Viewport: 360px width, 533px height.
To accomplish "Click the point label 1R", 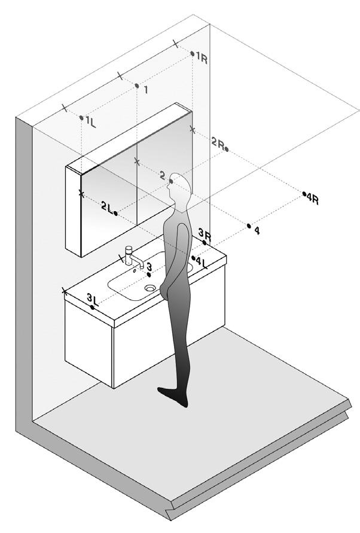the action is pyautogui.click(x=201, y=60).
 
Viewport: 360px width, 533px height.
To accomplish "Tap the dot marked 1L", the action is pyautogui.click(x=81, y=118).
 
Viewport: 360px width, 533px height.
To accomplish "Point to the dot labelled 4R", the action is pyautogui.click(x=304, y=194).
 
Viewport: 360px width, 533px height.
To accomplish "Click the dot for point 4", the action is pyautogui.click(x=249, y=226).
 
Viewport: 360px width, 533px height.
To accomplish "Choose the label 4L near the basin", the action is pyautogui.click(x=201, y=261).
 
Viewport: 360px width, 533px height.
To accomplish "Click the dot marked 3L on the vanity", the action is pyautogui.click(x=92, y=307).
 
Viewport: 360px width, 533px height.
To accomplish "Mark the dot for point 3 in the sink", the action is pyautogui.click(x=148, y=274).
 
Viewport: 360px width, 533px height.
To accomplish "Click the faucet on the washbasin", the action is pyautogui.click(x=131, y=255).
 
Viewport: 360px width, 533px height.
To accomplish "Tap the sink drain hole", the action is pyautogui.click(x=150, y=288).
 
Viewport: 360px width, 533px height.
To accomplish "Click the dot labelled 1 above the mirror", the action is pyautogui.click(x=137, y=86).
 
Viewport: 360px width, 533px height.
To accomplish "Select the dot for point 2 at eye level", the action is pyautogui.click(x=172, y=181).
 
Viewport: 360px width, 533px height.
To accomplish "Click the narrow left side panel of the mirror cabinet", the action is pyautogui.click(x=73, y=209).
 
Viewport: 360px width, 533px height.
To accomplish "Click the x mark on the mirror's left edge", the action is pyautogui.click(x=81, y=193).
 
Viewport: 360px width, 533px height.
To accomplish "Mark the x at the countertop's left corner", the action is pyautogui.click(x=65, y=291).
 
